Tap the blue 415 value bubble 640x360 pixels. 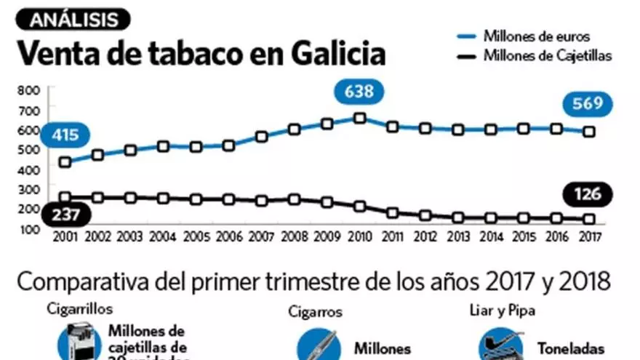(65, 135)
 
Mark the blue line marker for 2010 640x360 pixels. (359, 118)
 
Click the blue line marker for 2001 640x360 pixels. (65, 161)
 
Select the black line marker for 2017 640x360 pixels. (588, 219)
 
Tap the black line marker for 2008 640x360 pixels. (294, 199)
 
